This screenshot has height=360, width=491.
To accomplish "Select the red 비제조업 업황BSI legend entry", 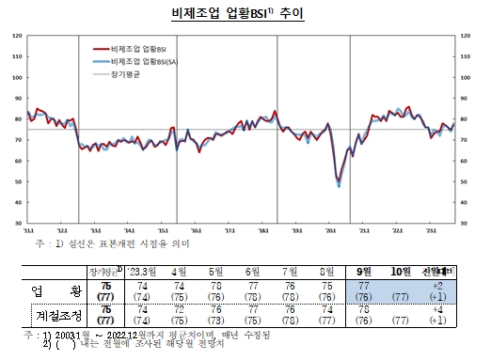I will point(141,47).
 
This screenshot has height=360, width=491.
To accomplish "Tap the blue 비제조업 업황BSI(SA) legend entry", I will point(146,59).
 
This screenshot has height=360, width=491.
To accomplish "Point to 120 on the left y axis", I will point(17,36).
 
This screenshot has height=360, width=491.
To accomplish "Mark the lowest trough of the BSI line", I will point(338,186).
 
